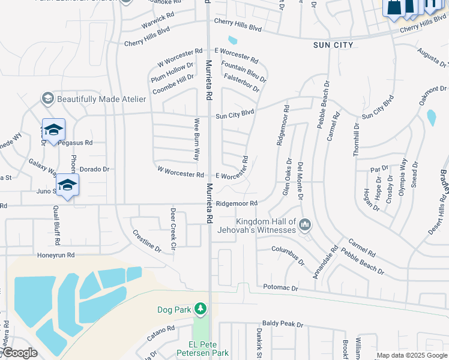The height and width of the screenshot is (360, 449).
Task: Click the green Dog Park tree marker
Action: coord(200,310)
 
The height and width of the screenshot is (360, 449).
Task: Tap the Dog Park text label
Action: coord(173,310)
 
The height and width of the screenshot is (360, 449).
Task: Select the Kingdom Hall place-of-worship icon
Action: coord(305,225)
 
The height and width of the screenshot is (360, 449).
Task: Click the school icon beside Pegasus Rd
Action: coord(53,130)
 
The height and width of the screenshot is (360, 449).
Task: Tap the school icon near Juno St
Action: coord(68,185)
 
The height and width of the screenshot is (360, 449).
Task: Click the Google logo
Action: coord(19,353)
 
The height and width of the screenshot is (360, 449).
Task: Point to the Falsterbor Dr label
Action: coord(241,83)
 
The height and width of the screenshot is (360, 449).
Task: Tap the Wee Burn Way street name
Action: coord(196,139)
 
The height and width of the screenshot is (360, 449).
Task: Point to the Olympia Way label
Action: coord(403,173)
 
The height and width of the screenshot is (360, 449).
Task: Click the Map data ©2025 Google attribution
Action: coord(412,355)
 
